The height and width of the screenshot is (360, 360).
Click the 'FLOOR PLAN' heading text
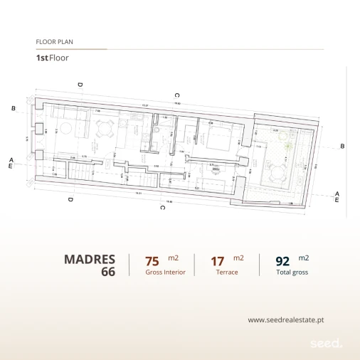54,42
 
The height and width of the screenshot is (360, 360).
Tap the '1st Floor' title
52,58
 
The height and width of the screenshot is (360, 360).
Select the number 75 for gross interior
152,261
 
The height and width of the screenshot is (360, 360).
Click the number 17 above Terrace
218,261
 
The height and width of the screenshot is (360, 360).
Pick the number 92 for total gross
282,261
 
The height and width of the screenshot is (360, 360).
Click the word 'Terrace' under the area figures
228,272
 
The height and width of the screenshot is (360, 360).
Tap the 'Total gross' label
292,272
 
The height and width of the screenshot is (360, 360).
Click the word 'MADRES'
90,259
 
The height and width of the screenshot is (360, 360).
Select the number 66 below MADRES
108,272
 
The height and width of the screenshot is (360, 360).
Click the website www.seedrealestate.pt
285,320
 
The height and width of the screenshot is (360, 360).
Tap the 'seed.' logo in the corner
327,343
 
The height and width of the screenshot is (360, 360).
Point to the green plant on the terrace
287,147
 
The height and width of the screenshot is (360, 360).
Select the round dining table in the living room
105,129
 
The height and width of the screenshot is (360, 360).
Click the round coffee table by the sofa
65,128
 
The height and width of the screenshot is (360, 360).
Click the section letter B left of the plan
14,108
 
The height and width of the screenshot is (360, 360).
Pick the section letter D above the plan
80,85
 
